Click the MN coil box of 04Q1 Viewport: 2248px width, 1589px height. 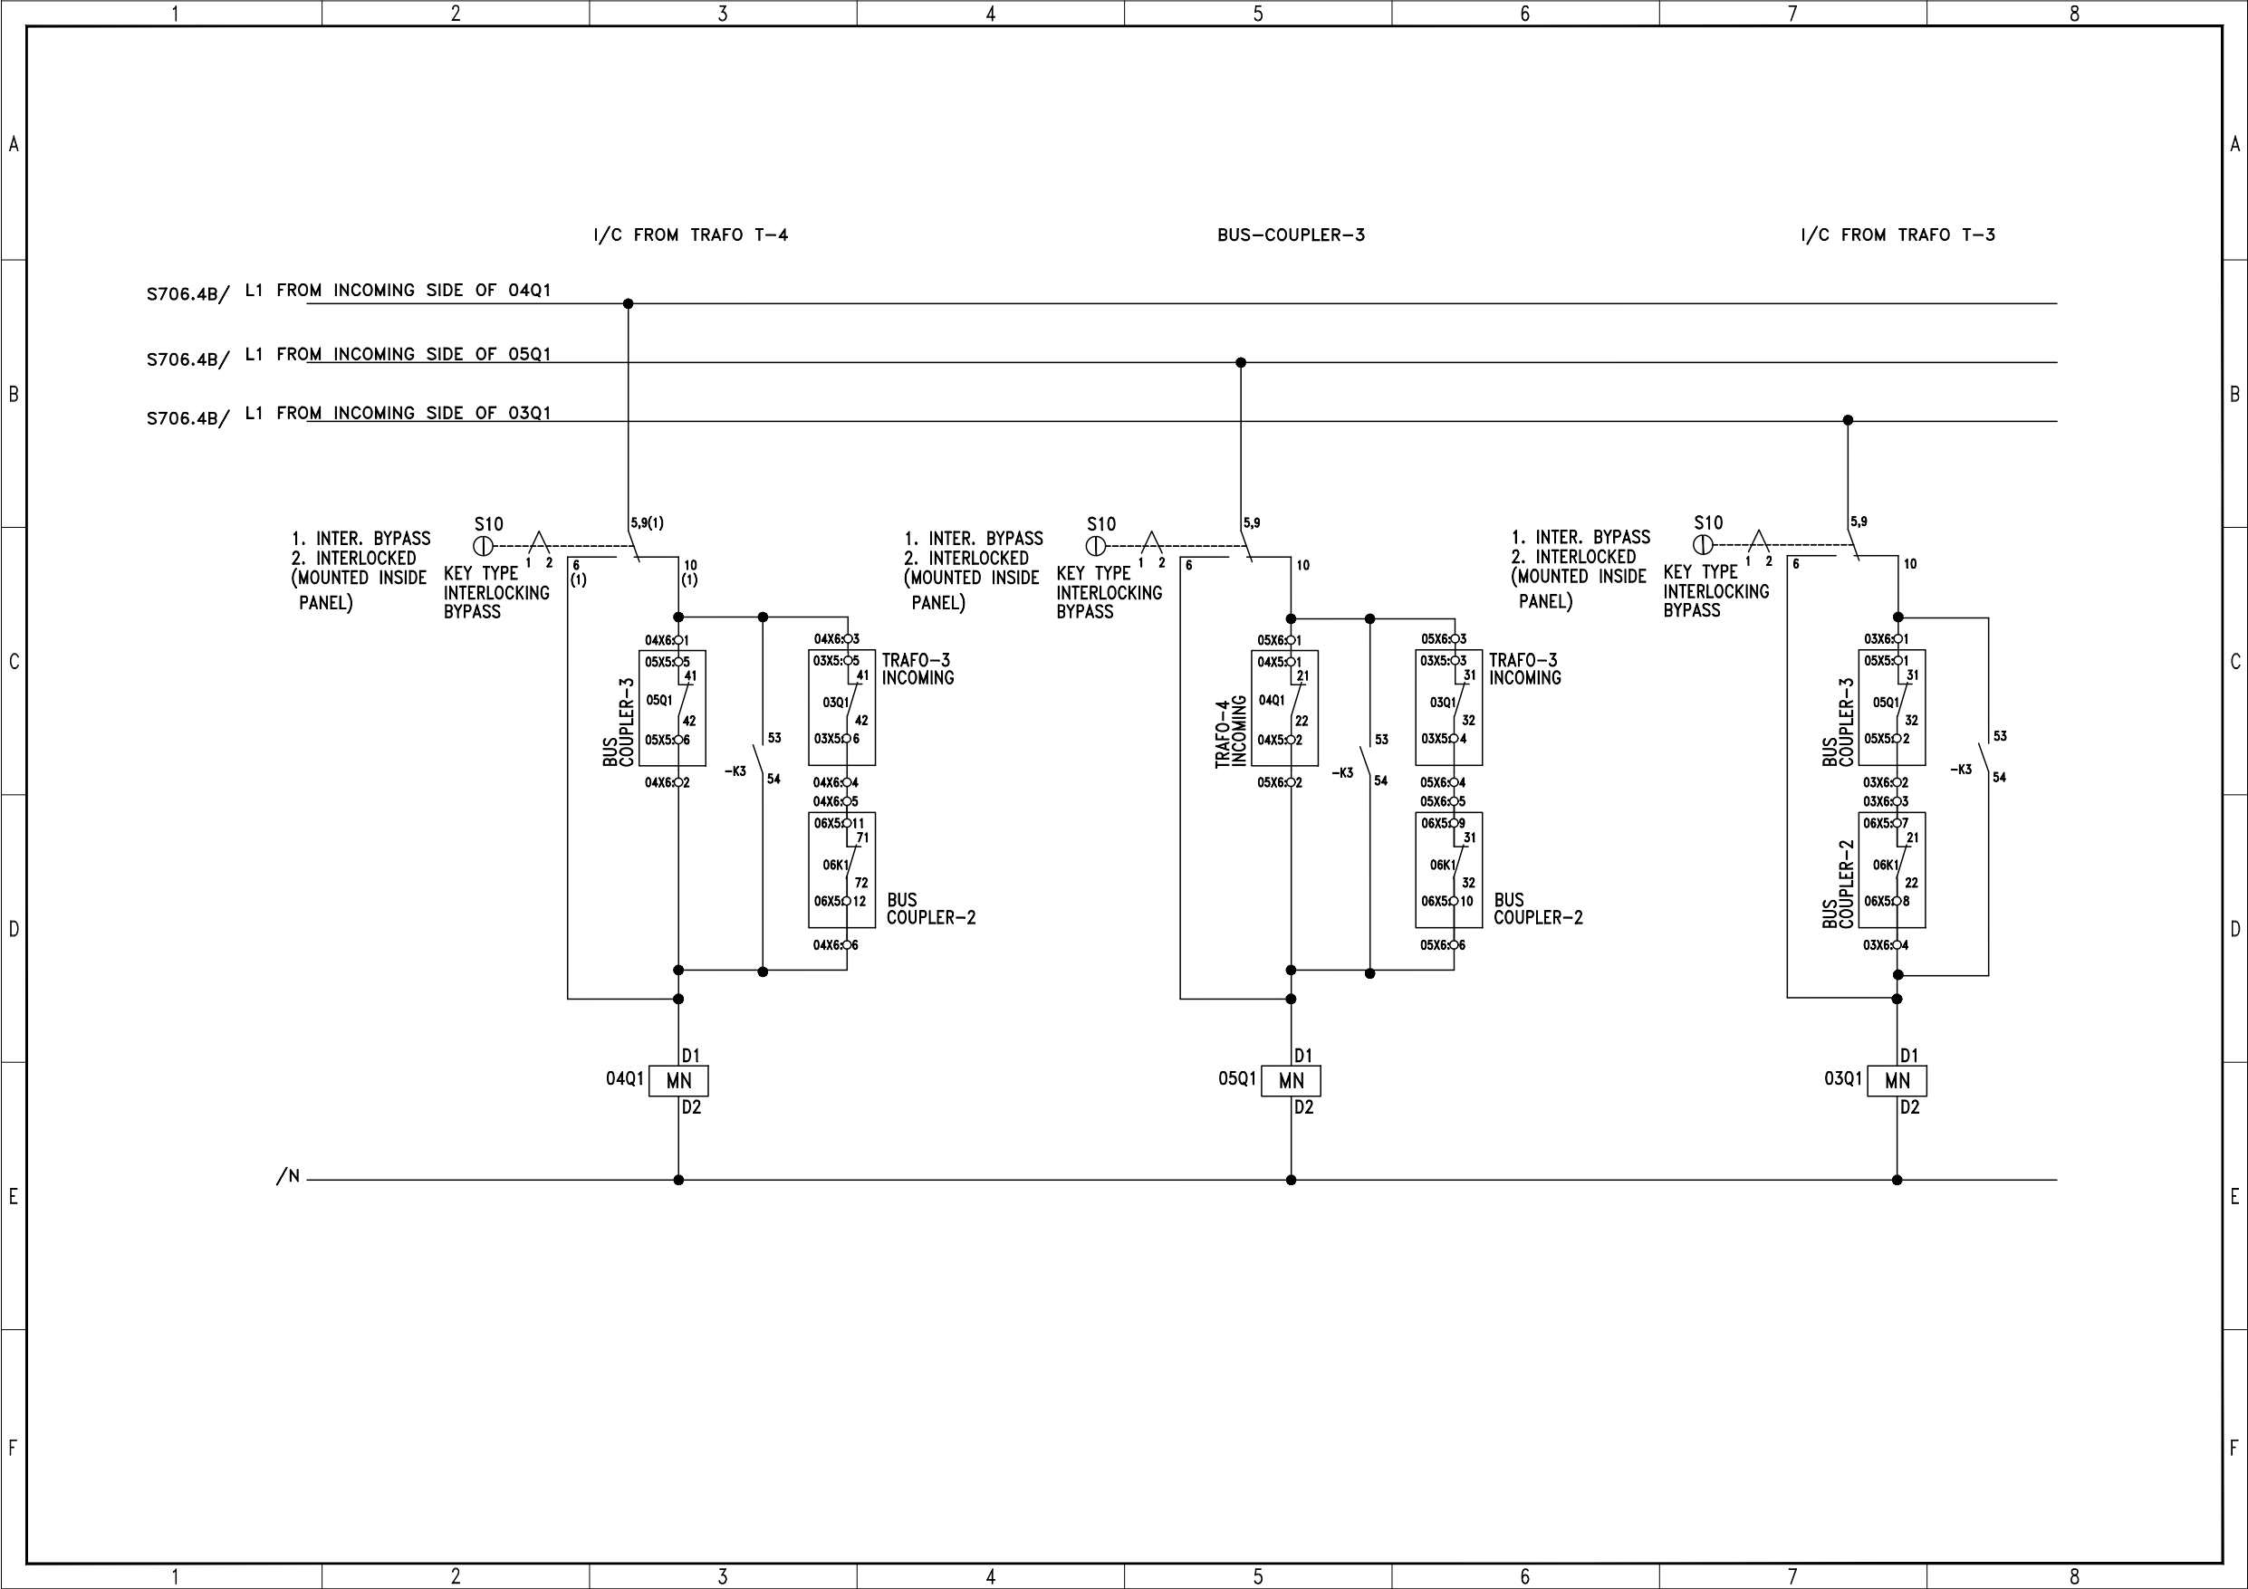pyautogui.click(x=677, y=1081)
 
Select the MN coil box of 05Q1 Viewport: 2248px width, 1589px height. pyautogui.click(x=1291, y=1081)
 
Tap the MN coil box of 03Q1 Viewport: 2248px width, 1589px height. pyautogui.click(x=1897, y=1081)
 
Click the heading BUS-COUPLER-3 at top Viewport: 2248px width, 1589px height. pyautogui.click(x=1291, y=235)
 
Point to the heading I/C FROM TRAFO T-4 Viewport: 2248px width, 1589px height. pyautogui.click(x=690, y=235)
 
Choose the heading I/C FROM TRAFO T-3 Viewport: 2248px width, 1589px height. pyautogui.click(x=1897, y=235)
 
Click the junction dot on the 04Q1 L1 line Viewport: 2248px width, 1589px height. pyautogui.click(x=629, y=303)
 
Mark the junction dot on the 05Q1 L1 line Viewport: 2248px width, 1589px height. pyautogui.click(x=1241, y=362)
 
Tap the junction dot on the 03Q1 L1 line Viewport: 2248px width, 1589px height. pyautogui.click(x=1848, y=420)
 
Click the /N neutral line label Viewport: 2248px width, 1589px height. pyautogui.click(x=288, y=1177)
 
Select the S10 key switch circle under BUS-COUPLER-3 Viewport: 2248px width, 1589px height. pyautogui.click(x=1096, y=546)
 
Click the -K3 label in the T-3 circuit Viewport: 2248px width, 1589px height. pyautogui.click(x=1960, y=770)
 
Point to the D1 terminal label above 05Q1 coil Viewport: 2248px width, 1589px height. pyautogui.click(x=1303, y=1056)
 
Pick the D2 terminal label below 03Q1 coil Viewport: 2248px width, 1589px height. pyautogui.click(x=1909, y=1107)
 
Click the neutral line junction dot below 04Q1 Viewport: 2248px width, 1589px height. pyautogui.click(x=678, y=1180)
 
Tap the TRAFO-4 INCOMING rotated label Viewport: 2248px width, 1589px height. pyautogui.click(x=1231, y=732)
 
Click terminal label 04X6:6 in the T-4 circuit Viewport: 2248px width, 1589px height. pyautogui.click(x=835, y=944)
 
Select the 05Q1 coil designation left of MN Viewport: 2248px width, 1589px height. pyautogui.click(x=1236, y=1078)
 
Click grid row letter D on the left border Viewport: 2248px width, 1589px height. pyautogui.click(x=13, y=928)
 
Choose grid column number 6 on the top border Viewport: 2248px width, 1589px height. pyautogui.click(x=1524, y=14)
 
